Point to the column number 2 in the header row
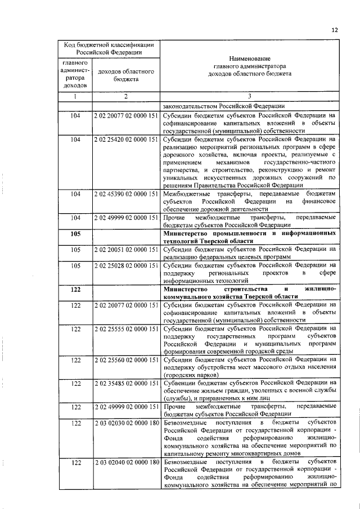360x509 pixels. pos(126,96)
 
